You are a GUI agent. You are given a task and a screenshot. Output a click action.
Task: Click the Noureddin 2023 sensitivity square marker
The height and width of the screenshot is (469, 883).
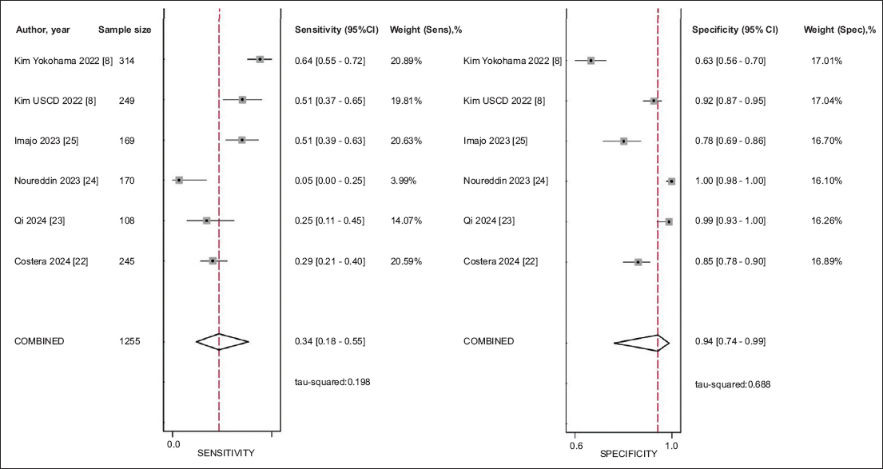(179, 181)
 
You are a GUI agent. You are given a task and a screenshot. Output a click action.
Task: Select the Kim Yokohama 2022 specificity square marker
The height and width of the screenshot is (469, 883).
(591, 61)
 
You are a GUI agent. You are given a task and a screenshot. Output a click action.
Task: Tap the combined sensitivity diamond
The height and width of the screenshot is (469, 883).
(222, 342)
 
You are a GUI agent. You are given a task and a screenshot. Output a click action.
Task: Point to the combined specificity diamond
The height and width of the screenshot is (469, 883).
(642, 343)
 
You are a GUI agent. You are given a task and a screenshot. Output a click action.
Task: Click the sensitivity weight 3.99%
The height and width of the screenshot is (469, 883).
(404, 181)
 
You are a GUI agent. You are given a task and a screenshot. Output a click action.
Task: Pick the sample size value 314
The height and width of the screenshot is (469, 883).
(128, 61)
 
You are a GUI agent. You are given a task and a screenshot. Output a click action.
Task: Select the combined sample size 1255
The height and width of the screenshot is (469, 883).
(130, 341)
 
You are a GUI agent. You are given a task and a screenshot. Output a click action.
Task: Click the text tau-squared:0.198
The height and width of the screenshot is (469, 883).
(332, 382)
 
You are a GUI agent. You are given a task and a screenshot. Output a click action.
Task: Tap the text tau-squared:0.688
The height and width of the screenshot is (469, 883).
(733, 384)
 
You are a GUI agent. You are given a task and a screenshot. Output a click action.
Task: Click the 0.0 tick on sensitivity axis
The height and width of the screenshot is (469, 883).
(173, 443)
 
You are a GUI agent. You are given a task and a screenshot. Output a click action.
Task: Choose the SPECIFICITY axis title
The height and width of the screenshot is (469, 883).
(629, 454)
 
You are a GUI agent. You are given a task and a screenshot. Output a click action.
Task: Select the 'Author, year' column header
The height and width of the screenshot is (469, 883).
(43, 30)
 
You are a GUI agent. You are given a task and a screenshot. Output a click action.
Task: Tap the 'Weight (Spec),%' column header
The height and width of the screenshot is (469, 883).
(840, 30)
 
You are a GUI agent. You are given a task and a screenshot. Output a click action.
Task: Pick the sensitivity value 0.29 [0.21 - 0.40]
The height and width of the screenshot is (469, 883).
(330, 260)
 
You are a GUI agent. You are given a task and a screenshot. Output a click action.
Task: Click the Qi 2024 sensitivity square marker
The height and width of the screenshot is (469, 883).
(207, 221)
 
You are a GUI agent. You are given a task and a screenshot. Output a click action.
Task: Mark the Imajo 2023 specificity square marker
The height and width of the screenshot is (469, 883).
(623, 141)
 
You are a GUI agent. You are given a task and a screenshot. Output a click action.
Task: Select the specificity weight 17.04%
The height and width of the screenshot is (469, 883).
(825, 101)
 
